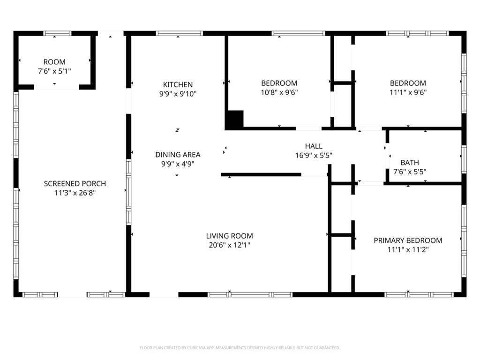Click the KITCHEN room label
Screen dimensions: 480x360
[x=178, y=84]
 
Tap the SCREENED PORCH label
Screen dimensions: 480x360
[x=75, y=184]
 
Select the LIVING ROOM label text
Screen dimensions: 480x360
[x=229, y=236]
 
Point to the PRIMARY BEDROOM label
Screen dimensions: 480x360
[x=408, y=240]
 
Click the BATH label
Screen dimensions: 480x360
[x=410, y=163]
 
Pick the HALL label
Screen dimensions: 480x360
[x=314, y=146]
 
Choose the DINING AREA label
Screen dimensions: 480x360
[x=178, y=155]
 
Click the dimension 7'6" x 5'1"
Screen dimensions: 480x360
[x=54, y=71]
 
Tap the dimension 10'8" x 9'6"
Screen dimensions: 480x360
[x=279, y=92]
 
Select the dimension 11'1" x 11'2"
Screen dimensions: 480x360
[x=408, y=249]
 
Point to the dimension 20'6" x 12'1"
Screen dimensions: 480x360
[x=229, y=245]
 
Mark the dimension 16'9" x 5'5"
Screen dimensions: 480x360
[x=314, y=156]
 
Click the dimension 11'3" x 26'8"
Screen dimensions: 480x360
[x=75, y=193]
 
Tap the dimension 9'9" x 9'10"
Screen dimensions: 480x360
[x=178, y=94]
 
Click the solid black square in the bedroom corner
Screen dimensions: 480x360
[x=234, y=119]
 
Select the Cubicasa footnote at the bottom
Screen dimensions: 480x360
[x=240, y=348]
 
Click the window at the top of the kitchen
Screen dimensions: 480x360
[x=180, y=33]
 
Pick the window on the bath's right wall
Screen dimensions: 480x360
[x=464, y=159]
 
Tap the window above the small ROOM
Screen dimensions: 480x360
[x=57, y=33]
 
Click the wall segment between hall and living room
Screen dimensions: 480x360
[x=261, y=175]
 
